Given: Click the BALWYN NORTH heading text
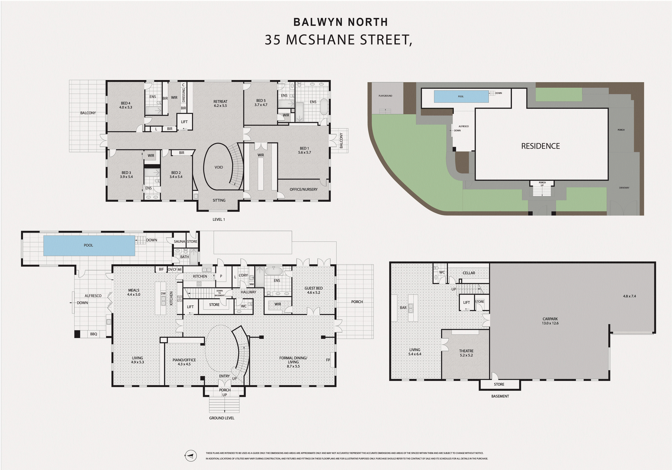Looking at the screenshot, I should (x=340, y=22).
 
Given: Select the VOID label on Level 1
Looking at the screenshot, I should (x=219, y=167).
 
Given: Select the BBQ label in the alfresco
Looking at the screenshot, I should (x=93, y=334).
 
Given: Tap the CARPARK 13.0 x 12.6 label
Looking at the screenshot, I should (x=550, y=321).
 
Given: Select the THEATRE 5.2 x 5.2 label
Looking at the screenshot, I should (x=466, y=353).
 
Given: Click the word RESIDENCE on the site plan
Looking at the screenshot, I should (x=540, y=146).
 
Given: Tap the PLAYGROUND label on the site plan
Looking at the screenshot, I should (x=385, y=96).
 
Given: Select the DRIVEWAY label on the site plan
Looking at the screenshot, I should (x=624, y=188).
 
